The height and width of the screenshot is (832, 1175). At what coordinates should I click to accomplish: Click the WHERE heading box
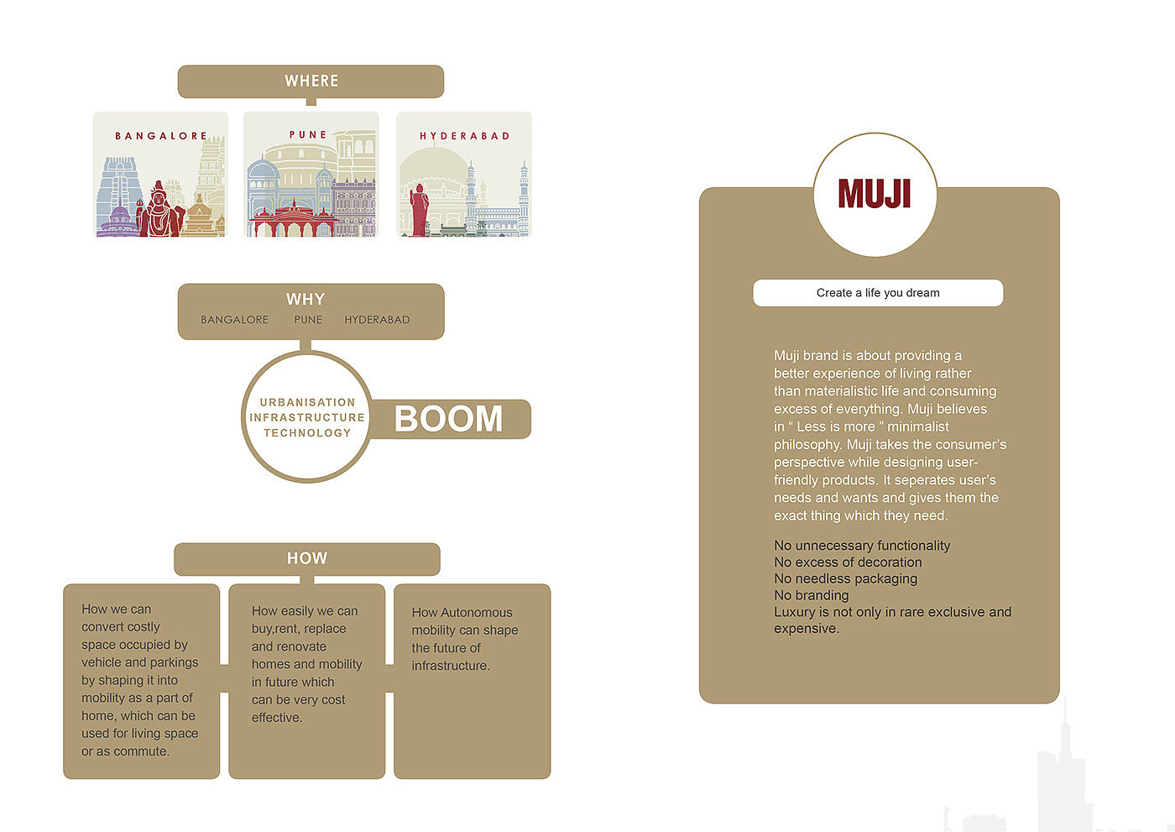click(x=311, y=81)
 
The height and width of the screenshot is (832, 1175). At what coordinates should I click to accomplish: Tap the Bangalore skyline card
click(x=160, y=175)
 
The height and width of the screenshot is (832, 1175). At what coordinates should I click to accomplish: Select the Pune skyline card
click(x=311, y=175)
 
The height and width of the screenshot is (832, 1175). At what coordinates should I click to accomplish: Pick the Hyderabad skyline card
click(x=463, y=175)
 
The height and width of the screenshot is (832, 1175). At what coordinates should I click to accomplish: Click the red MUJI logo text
click(x=875, y=194)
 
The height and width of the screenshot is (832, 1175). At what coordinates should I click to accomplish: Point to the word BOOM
click(x=449, y=419)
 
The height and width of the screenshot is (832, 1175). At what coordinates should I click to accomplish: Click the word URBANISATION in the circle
click(x=307, y=402)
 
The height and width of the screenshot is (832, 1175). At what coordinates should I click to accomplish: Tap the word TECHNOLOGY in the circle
click(x=307, y=433)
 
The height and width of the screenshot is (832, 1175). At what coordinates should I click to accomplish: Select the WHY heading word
click(x=305, y=300)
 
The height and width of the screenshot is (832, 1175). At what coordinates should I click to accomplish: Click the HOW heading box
click(x=307, y=559)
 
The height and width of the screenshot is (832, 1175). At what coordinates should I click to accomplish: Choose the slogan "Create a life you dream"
click(x=878, y=293)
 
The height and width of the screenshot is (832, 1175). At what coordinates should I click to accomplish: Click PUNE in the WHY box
click(x=308, y=320)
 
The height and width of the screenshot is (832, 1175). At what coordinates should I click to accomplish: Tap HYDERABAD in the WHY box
click(x=377, y=320)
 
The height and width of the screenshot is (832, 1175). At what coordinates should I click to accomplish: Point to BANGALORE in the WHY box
click(x=234, y=320)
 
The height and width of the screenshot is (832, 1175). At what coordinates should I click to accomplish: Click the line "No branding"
click(x=811, y=595)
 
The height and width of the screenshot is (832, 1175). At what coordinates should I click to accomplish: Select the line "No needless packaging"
click(x=845, y=578)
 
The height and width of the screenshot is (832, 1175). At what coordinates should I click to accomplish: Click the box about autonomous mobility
click(x=472, y=681)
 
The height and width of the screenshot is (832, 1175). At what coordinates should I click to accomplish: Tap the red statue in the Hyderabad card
click(x=419, y=210)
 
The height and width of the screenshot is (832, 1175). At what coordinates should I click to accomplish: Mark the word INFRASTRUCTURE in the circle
click(x=307, y=417)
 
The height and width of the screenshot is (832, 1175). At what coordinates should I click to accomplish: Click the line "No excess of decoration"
click(x=848, y=563)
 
